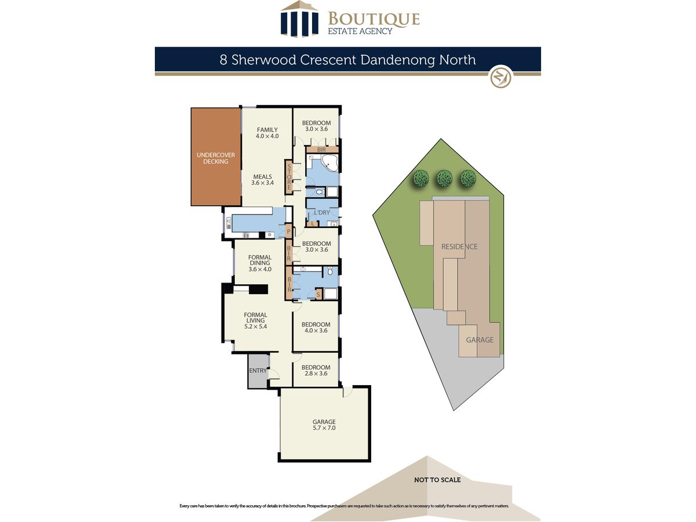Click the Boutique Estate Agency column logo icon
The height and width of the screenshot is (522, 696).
(299, 19)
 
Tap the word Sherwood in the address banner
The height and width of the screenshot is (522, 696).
(263, 60)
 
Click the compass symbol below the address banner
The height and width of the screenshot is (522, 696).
(501, 77)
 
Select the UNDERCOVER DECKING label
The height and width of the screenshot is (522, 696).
(216, 158)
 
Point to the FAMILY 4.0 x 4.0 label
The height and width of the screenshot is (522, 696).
(267, 133)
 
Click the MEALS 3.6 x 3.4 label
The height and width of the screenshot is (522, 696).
(262, 179)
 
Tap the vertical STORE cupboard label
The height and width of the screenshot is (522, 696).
(289, 176)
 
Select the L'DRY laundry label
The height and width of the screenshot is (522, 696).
(321, 212)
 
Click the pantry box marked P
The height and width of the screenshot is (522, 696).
(288, 231)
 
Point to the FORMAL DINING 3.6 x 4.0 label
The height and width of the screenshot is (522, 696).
(260, 263)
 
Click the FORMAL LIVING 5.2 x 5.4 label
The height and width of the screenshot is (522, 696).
(255, 320)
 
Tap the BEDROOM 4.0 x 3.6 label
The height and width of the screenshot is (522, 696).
(316, 327)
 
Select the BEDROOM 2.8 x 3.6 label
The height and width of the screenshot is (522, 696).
(316, 370)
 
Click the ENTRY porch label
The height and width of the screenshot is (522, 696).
(258, 371)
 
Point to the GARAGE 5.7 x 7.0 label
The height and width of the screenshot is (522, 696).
(324, 425)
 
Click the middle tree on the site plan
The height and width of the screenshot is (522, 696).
(444, 179)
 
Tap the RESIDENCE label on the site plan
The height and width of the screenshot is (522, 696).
(459, 246)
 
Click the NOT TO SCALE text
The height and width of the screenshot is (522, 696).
(437, 480)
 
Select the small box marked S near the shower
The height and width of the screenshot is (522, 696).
(318, 295)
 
